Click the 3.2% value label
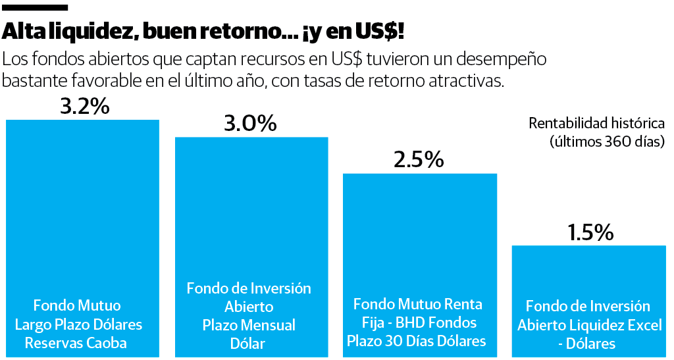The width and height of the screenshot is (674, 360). tap(84, 107)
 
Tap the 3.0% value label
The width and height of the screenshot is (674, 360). tap(250, 124)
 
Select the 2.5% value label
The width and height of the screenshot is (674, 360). tap(419, 160)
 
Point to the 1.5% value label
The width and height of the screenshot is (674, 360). tap(589, 232)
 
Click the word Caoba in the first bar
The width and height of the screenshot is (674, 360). tap(105, 342)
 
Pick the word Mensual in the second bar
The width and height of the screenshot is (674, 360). tap(265, 325)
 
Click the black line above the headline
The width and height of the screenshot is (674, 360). tap(36, 7)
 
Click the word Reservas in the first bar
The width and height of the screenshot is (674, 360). tap(51, 342)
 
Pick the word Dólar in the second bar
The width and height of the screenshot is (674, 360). tap(247, 344)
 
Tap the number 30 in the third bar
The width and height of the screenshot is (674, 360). tap(405, 341)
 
